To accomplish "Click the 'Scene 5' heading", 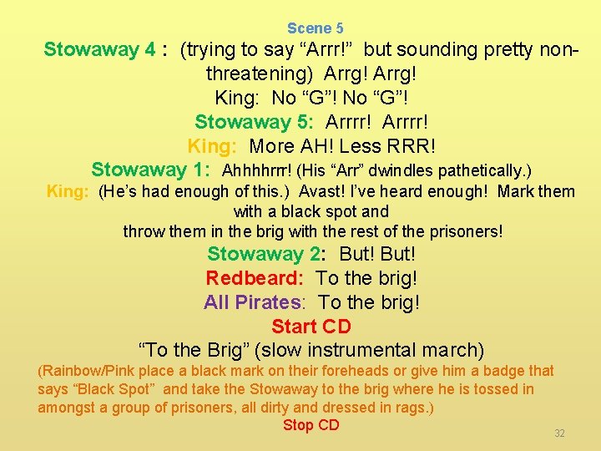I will click(x=315, y=28).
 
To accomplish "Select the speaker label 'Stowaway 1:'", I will click(x=150, y=170).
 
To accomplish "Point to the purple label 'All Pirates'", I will click(x=252, y=302).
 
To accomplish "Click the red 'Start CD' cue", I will click(x=311, y=326).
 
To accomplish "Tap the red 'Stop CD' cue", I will click(x=311, y=425).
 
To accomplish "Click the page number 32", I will click(x=560, y=433).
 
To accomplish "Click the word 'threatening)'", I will click(x=260, y=73).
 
